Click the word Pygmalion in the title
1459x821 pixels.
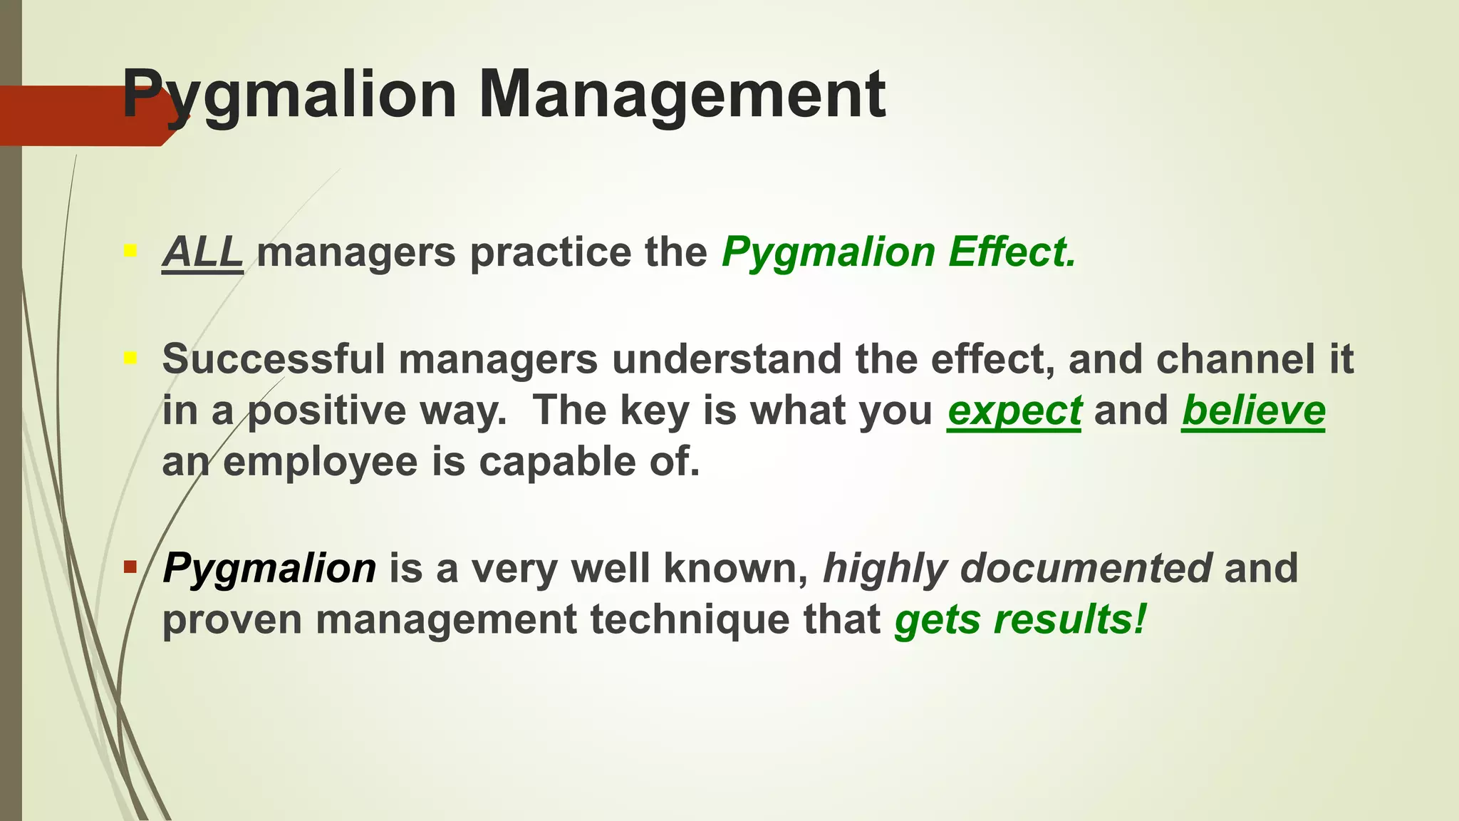(x=289, y=95)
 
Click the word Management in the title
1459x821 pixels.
(x=682, y=95)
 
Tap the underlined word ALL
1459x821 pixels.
(x=202, y=252)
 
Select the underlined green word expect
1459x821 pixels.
(x=1014, y=411)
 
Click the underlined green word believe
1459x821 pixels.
(x=1253, y=411)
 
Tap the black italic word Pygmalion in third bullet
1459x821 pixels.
(x=269, y=568)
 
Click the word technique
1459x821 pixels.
(x=690, y=619)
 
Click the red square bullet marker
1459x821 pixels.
(x=130, y=567)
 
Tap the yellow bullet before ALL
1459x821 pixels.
(x=130, y=251)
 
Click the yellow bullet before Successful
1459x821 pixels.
(x=130, y=357)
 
